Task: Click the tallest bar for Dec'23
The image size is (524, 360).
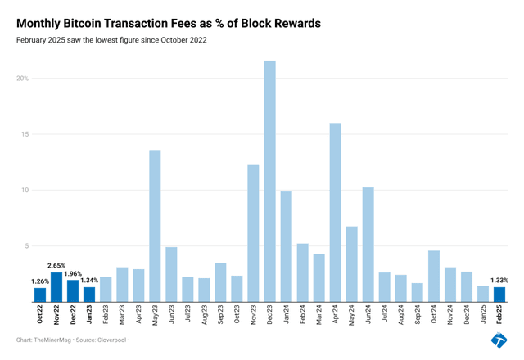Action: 269,180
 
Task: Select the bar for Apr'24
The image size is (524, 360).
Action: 335,212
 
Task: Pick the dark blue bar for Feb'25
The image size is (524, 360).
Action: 499,294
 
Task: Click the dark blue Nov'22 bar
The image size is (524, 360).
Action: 56,286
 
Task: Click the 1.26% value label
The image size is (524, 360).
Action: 40,281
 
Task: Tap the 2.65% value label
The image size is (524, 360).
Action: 56,265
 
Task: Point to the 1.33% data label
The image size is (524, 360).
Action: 499,280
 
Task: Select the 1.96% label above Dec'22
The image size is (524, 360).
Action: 73,273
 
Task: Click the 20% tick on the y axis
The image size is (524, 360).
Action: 23,79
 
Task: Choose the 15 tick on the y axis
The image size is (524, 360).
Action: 25,134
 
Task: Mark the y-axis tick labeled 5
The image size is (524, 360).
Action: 26,246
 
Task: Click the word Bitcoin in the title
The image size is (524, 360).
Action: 84,24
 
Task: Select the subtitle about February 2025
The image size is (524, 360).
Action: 113,40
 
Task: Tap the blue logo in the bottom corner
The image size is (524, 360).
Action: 499,340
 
